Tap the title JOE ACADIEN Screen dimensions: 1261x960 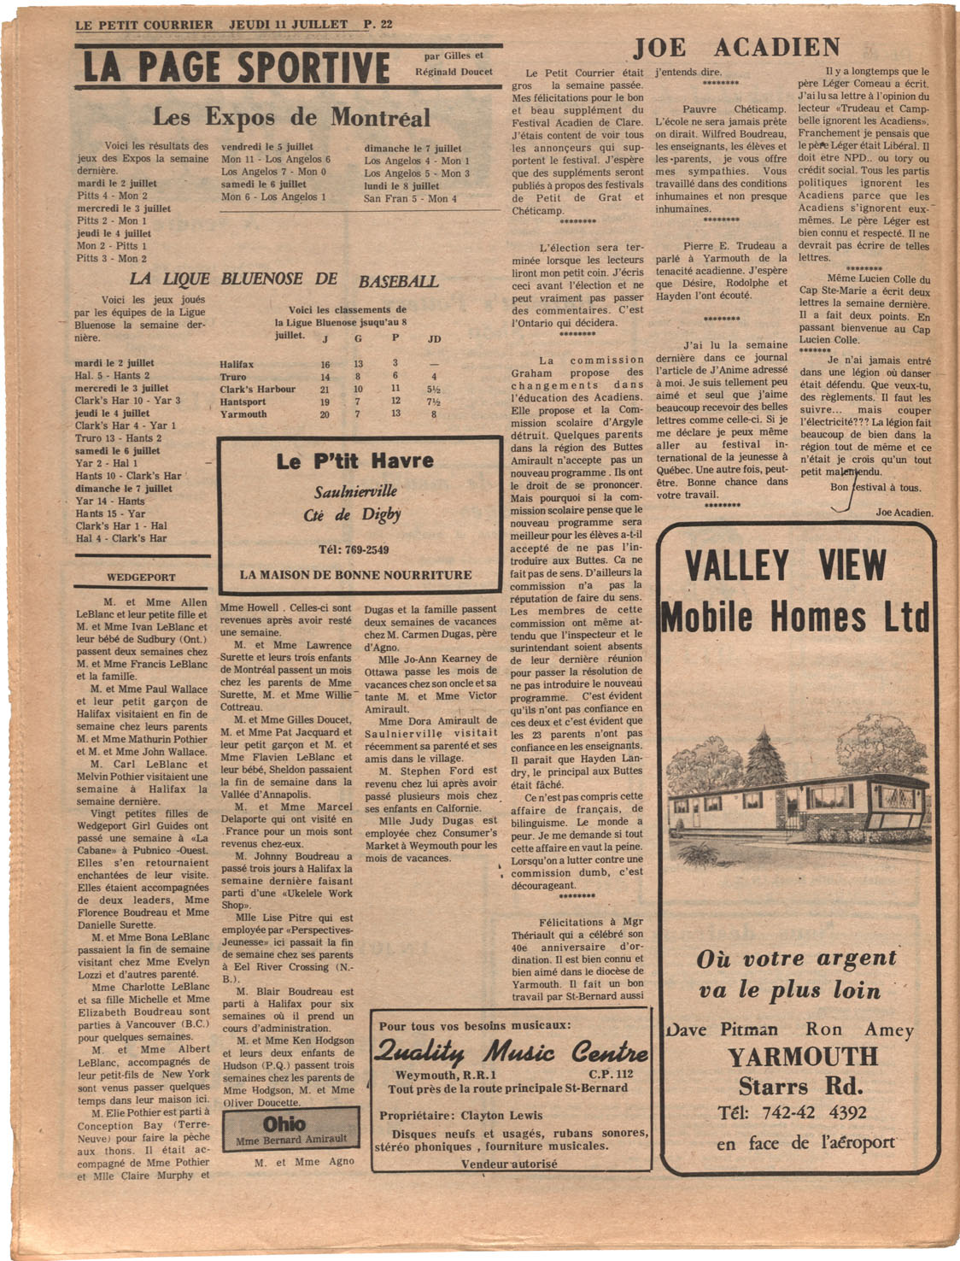736,48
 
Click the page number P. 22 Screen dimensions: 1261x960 378,24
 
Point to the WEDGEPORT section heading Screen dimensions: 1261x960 141,578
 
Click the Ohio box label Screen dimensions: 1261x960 284,1123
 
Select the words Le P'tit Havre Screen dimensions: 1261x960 355,462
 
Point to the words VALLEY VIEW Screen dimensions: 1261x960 786,566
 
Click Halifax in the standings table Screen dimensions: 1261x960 237,364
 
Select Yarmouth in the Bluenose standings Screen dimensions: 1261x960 243,414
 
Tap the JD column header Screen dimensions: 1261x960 434,339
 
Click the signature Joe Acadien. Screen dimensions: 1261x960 904,513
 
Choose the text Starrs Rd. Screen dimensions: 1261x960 800,1087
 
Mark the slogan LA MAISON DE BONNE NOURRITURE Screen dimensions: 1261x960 355,575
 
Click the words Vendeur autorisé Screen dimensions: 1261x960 509,1164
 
